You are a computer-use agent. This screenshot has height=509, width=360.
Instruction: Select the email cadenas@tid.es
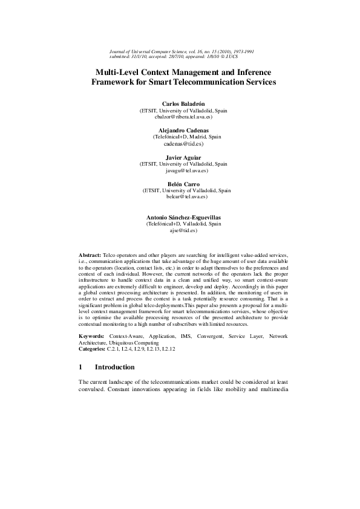click(184, 144)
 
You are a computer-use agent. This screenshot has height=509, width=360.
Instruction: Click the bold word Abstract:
click(90, 257)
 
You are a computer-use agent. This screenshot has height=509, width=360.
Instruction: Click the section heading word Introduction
click(115, 368)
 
